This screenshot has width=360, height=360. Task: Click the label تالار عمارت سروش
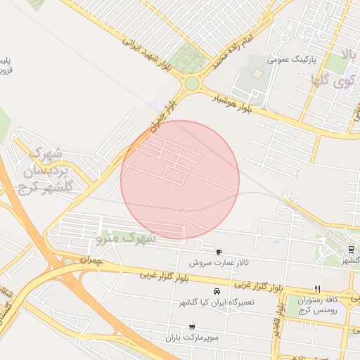pos(218,263)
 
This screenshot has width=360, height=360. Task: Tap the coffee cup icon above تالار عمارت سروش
pos(219,252)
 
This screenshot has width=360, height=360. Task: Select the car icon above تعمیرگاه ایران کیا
pos(216,291)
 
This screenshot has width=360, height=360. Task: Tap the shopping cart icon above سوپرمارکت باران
pos(193,327)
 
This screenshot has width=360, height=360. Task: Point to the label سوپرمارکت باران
pos(193,338)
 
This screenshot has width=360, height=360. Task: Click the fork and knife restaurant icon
pos(317,289)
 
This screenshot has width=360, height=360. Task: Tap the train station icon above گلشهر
pos(350,249)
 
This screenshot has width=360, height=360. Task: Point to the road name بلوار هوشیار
pos(237,103)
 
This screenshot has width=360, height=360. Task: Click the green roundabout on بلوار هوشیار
pos(191,84)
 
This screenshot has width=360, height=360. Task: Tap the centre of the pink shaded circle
pos(180,180)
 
